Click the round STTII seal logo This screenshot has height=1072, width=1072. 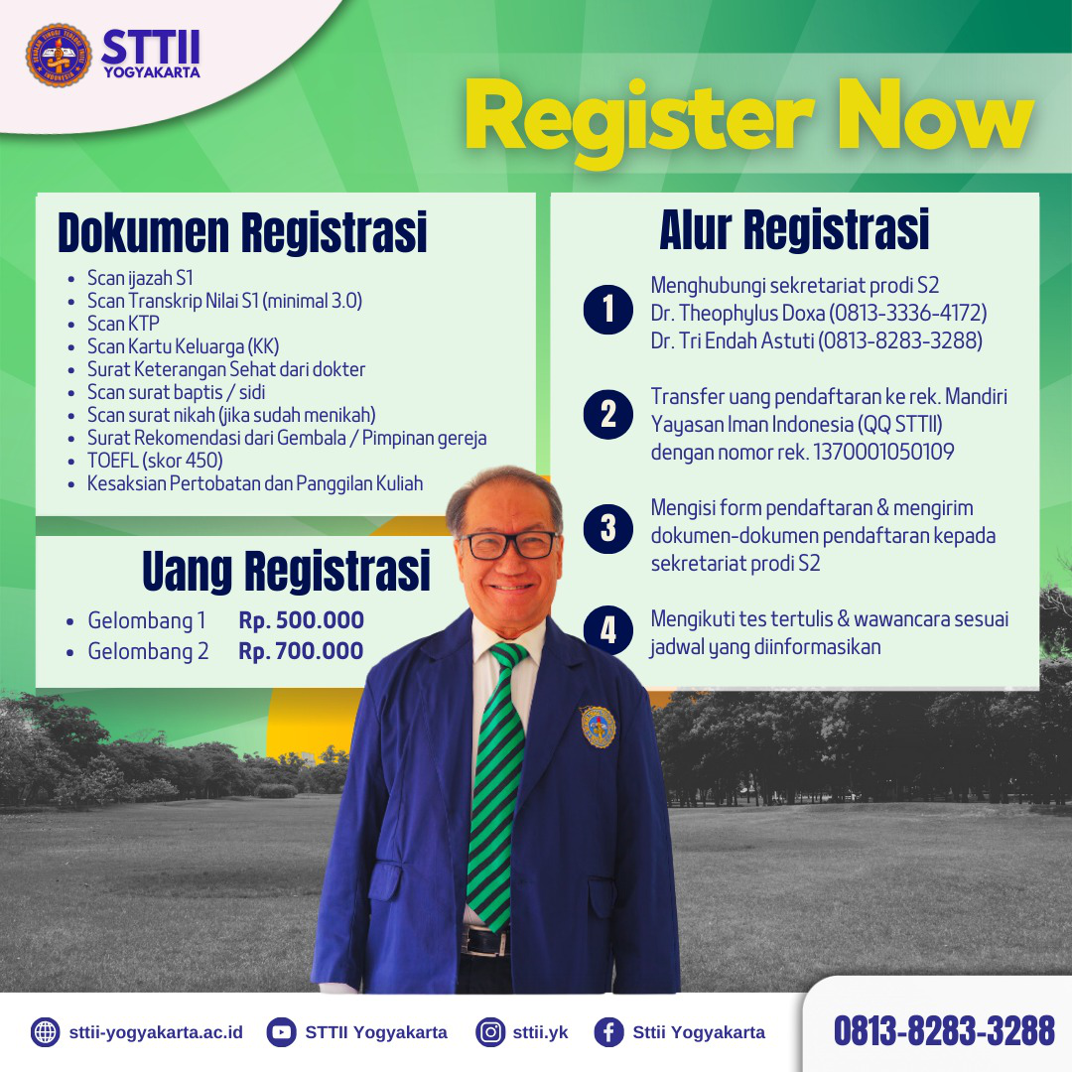(x=59, y=55)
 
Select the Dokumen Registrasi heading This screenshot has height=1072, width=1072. (x=243, y=232)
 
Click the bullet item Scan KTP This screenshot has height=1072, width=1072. (x=123, y=324)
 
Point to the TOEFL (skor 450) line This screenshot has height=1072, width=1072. (x=155, y=461)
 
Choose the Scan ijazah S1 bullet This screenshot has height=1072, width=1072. (x=140, y=278)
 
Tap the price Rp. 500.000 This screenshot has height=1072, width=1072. (x=302, y=620)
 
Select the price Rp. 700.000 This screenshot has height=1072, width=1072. (x=301, y=651)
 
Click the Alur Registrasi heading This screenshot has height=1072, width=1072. (x=794, y=229)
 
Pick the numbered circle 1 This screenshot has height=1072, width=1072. (x=607, y=309)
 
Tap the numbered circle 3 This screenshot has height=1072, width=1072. (x=607, y=528)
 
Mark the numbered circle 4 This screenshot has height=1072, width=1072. (x=607, y=630)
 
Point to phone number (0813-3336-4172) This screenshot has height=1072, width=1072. (x=908, y=313)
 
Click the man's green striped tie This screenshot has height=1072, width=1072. (x=497, y=785)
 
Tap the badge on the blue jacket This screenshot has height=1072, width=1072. (x=598, y=726)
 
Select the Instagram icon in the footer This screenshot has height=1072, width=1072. (x=490, y=1031)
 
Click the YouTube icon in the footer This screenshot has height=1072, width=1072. (x=281, y=1031)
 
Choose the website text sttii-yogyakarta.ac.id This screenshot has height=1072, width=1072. (x=156, y=1031)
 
